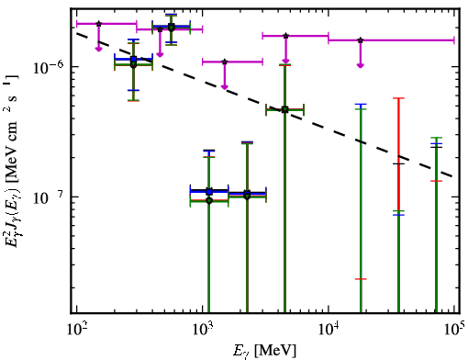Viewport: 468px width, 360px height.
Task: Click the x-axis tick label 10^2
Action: pos(76,330)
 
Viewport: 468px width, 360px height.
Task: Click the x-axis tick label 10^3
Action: pos(203,330)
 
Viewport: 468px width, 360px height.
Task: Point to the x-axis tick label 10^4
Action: pos(329,330)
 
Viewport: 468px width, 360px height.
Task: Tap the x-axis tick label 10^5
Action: pos(454,330)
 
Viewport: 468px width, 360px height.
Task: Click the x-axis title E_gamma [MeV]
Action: pos(264,351)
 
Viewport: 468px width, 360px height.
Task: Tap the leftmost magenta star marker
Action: pos(98,24)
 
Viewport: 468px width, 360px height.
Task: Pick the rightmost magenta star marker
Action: pos(361,40)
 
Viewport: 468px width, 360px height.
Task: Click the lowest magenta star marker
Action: pos(225,62)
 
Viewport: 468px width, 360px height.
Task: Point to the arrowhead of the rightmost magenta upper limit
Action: pos(361,65)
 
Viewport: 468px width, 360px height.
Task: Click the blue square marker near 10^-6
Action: pos(133,59)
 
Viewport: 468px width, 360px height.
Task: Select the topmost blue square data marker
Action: pos(172,26)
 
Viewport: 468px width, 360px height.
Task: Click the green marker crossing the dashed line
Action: pos(285,109)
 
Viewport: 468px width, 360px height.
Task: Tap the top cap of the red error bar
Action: pos(399,98)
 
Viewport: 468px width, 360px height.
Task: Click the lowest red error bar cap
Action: pos(361,279)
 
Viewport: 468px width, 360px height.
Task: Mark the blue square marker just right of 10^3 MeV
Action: pos(209,192)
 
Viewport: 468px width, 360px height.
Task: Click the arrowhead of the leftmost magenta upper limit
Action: pos(98,49)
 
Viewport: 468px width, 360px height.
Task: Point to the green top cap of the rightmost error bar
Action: pos(436,138)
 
